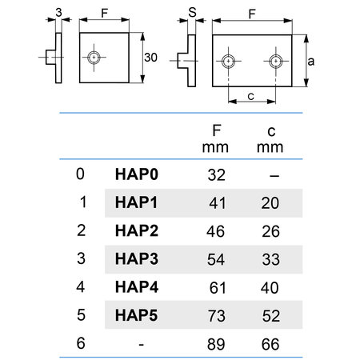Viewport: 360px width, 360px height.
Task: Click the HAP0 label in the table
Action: [137, 174]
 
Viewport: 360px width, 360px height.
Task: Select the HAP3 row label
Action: [137, 259]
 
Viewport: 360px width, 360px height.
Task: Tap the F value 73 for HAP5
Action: [216, 316]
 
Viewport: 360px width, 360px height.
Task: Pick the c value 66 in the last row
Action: [270, 344]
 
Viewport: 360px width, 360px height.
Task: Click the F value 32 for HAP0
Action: [217, 175]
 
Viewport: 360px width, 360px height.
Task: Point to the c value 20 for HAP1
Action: [270, 203]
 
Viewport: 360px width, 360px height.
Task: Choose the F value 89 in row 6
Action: [216, 344]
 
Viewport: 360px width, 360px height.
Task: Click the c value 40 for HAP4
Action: [270, 287]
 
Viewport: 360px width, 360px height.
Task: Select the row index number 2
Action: [81, 230]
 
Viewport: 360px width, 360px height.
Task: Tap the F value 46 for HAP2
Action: [215, 231]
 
